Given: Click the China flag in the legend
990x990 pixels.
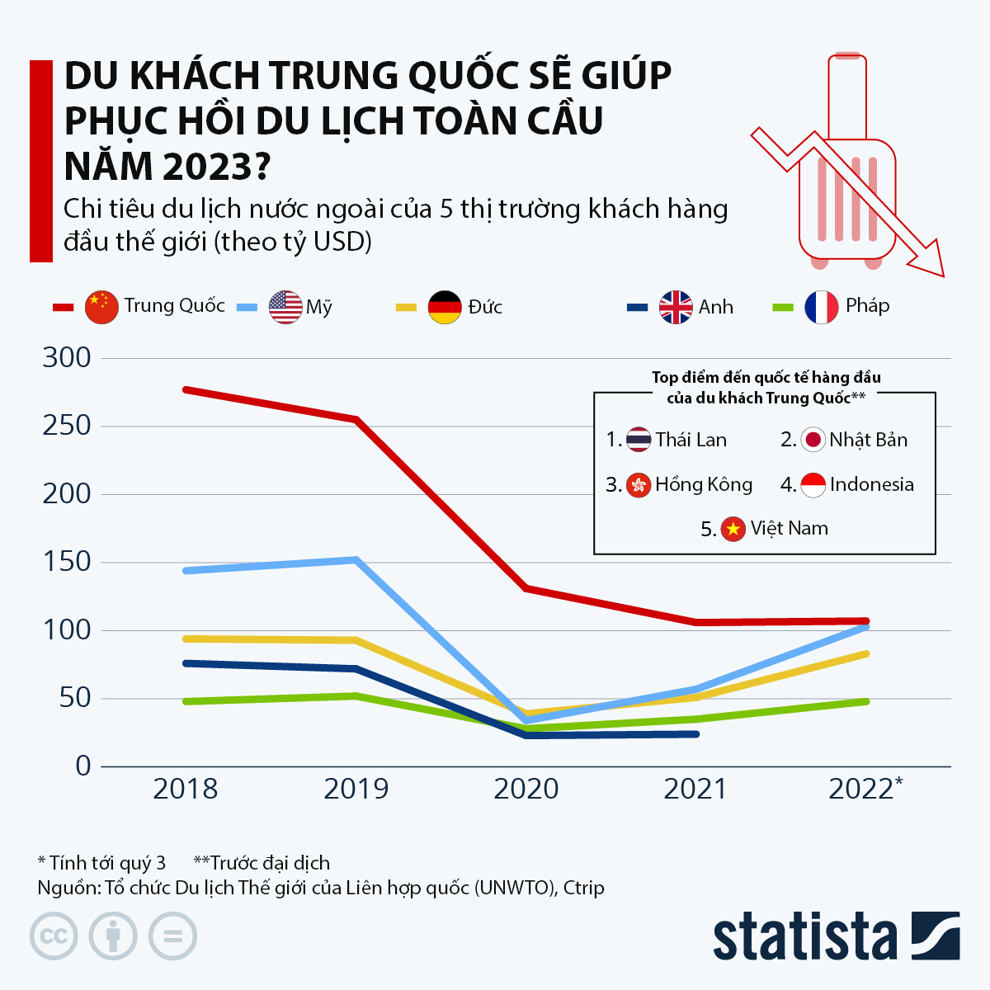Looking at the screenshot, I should click(x=101, y=307).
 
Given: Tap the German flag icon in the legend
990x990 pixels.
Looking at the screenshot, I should click(x=445, y=307).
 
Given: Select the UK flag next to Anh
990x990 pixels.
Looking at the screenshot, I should click(x=676, y=307).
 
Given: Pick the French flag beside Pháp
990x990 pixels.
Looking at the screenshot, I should click(x=821, y=307).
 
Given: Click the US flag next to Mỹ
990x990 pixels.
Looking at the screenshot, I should click(x=285, y=307).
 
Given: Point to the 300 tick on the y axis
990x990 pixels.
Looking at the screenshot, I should click(x=67, y=357).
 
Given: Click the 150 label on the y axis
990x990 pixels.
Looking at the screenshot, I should click(x=67, y=562).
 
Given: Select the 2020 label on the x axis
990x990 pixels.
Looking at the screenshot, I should click(x=526, y=789).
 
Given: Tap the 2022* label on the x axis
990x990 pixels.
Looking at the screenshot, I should click(x=865, y=789).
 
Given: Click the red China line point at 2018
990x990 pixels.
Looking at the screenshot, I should click(x=186, y=389).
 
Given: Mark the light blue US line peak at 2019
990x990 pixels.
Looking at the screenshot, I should click(x=356, y=560).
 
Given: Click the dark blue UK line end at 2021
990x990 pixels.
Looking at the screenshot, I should click(x=696, y=733).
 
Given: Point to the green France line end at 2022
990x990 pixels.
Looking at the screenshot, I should click(x=865, y=701).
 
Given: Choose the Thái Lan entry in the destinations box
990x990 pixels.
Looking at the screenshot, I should click(x=691, y=440).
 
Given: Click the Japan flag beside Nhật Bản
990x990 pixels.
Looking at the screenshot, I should click(x=813, y=440).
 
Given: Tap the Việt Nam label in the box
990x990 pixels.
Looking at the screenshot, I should click(x=789, y=528).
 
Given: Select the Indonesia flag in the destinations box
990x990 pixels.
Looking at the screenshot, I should click(x=813, y=484).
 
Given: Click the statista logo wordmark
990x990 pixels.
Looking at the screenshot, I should click(x=804, y=936).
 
